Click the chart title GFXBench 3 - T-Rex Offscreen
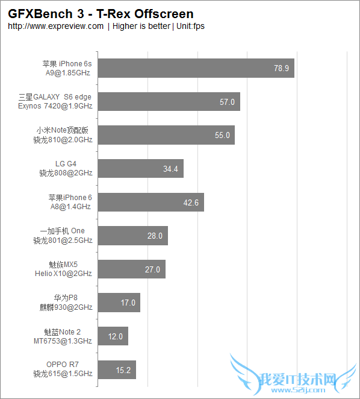[x=101, y=13]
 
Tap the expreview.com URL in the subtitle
[x=56, y=27]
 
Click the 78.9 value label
[x=281, y=68]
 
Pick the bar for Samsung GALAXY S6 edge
[x=169, y=101]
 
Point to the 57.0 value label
[x=227, y=102]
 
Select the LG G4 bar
[x=140, y=169]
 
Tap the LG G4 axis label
[x=66, y=163]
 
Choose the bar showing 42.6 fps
[x=151, y=202]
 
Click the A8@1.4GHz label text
[x=70, y=206]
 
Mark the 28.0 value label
[x=155, y=236]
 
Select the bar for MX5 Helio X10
[x=131, y=269]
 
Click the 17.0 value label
[x=128, y=303]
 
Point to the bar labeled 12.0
[x=113, y=336]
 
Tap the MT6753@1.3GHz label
[x=63, y=341]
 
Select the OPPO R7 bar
[x=117, y=369]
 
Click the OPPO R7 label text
[x=63, y=365]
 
